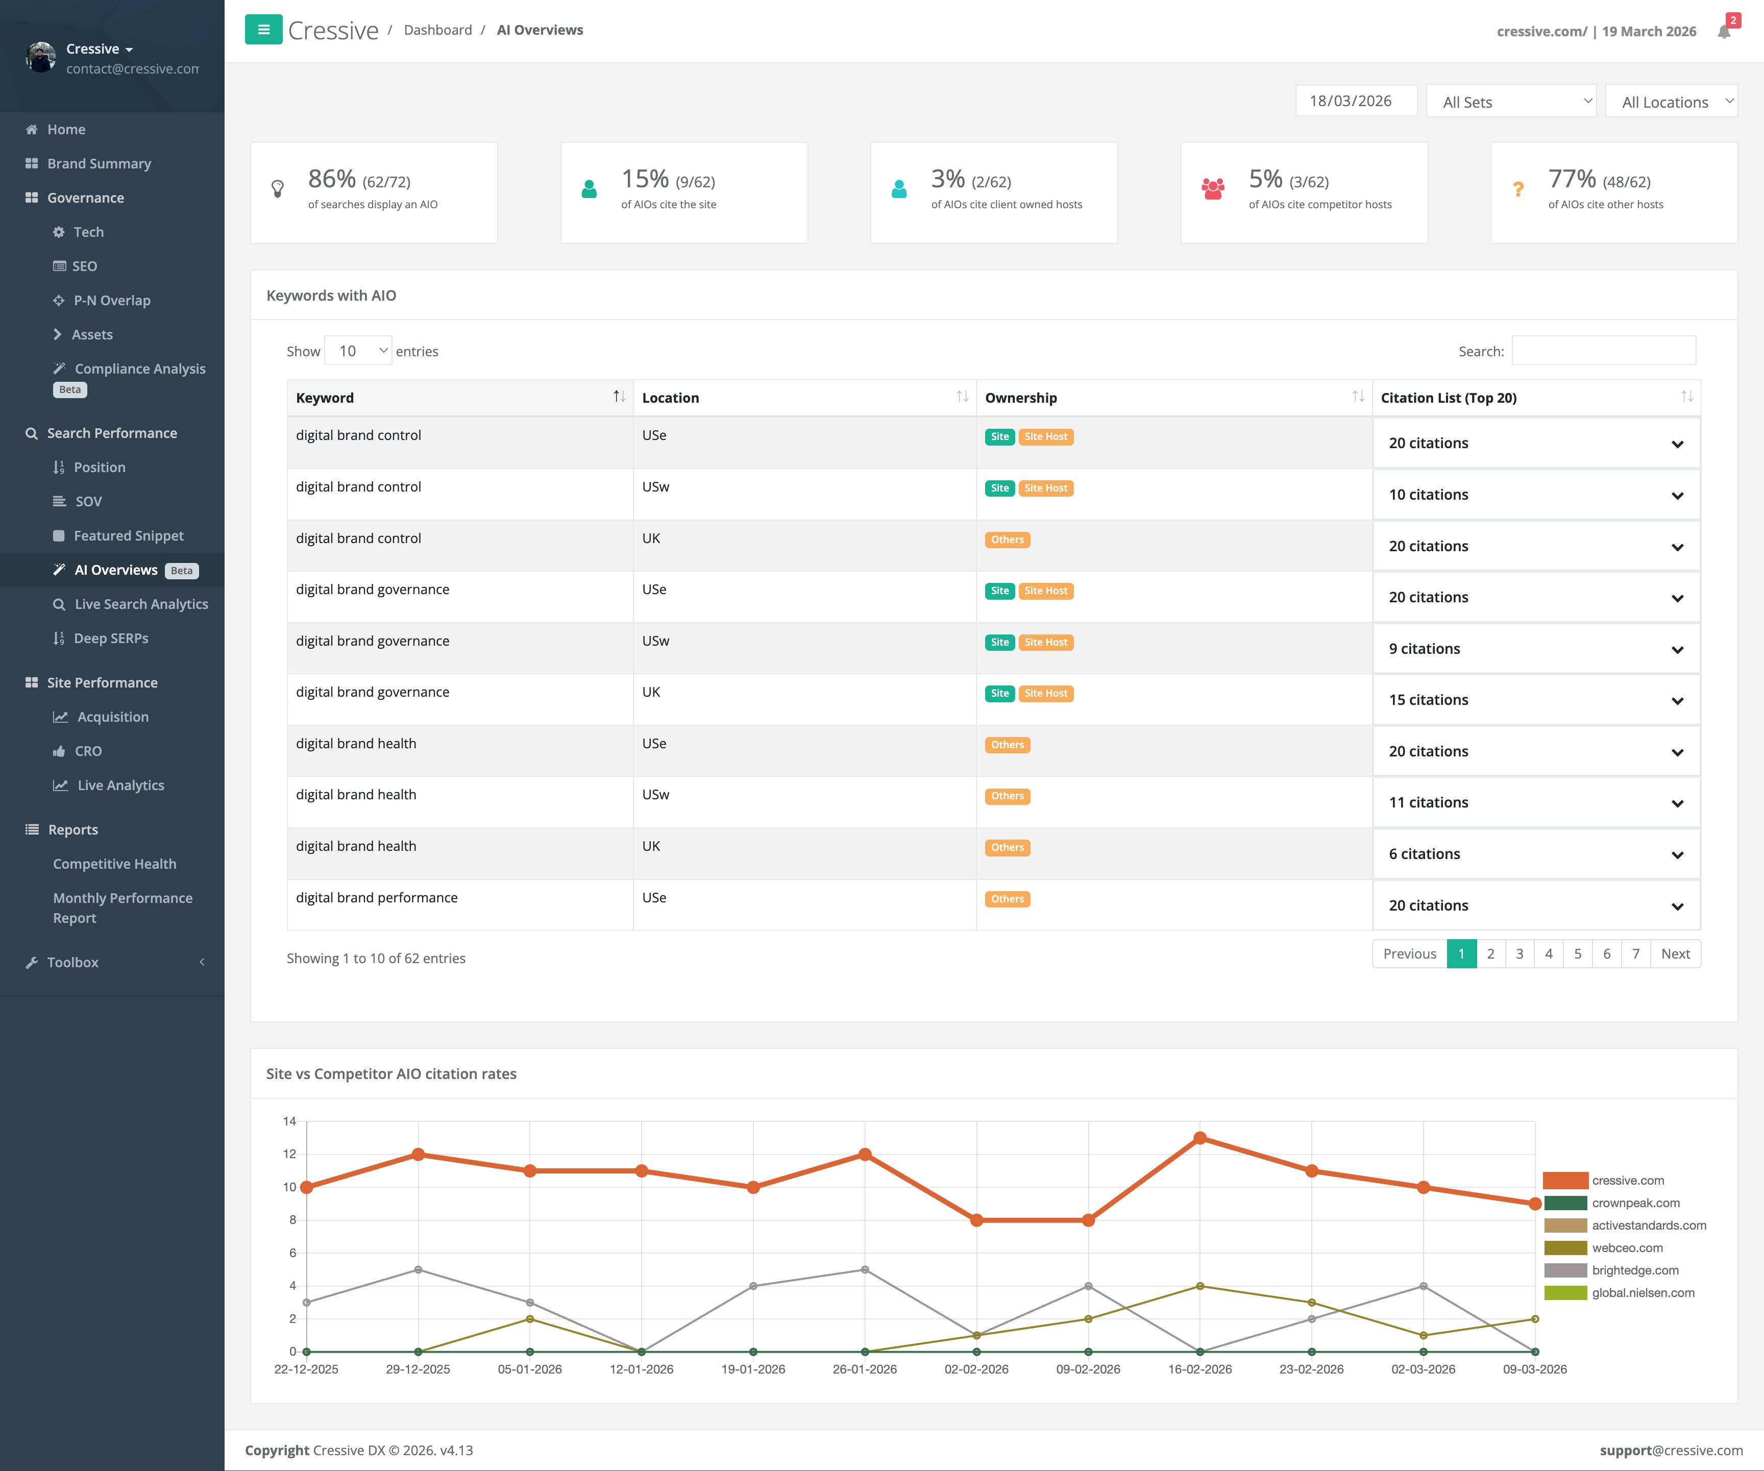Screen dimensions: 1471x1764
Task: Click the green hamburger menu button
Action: click(263, 30)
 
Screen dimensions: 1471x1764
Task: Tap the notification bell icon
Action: click(1724, 32)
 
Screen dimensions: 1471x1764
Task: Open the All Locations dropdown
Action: click(1670, 102)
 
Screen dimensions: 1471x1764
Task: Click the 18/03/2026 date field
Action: click(1355, 101)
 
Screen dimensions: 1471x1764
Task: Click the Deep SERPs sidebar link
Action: click(110, 639)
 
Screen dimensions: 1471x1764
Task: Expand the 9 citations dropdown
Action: click(1535, 649)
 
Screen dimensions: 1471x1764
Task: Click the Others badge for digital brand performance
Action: click(1007, 899)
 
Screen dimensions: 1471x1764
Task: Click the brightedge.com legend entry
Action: click(1635, 1270)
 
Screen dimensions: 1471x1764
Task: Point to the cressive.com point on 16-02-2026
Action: click(1199, 1138)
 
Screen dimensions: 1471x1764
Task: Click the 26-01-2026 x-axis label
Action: click(864, 1369)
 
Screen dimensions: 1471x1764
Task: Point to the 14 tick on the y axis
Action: click(290, 1121)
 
